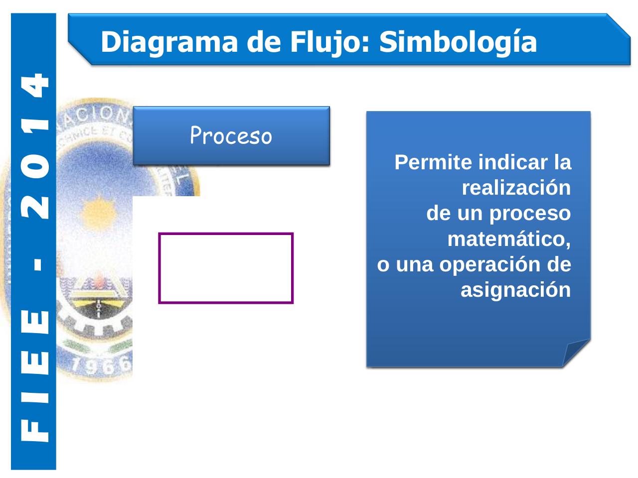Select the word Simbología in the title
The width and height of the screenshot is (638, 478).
click(458, 42)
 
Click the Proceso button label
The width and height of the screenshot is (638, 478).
click(231, 135)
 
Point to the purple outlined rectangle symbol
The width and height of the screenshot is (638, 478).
click(226, 268)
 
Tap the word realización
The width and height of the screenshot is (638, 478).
click(516, 188)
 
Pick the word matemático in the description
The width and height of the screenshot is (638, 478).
click(508, 239)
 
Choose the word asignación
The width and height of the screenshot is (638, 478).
click(515, 290)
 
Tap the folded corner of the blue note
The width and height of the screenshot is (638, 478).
click(576, 353)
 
